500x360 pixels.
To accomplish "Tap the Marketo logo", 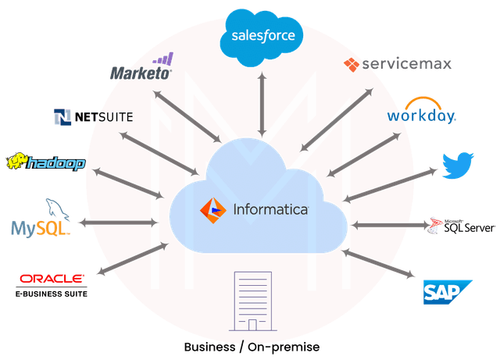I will pos(141,70).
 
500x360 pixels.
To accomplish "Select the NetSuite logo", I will pos(93,117).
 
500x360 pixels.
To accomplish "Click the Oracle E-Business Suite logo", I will pos(52,283).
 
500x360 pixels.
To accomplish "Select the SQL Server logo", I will pos(465,226).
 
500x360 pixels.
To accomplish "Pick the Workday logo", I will pos(421,114).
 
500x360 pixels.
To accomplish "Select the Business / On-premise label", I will pos(252,346).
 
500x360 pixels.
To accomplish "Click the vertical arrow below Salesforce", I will pos(262,102).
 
